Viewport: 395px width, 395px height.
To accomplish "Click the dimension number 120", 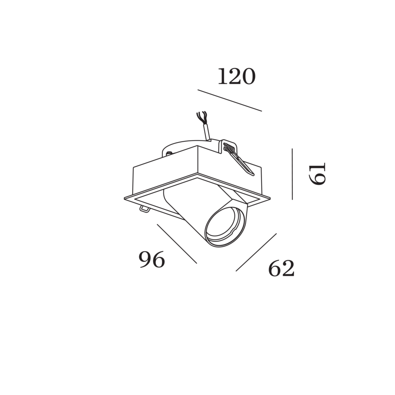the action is pos(237,76).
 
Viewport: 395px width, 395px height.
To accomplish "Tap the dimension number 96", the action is pos(152,259).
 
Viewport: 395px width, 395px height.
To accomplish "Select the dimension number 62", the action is pos(281,269).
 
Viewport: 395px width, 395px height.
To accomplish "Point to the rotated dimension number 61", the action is pos(317,174).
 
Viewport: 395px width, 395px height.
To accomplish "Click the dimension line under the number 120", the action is pos(230,100).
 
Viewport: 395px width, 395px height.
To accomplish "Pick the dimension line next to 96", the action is pos(177,244).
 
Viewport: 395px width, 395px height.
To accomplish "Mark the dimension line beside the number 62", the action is pos(256,252).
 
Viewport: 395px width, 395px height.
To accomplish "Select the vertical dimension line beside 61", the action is pos(292,174).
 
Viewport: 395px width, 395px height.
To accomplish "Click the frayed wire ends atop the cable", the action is pos(202,117).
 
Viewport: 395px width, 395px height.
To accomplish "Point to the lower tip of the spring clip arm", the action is pos(253,174).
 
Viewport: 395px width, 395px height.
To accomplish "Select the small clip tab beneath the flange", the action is pos(144,209).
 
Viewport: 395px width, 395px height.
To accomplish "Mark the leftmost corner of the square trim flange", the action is pos(125,199).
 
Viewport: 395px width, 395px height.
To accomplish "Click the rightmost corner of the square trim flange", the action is pos(270,198).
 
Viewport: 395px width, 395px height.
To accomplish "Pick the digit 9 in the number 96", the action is pos(145,259).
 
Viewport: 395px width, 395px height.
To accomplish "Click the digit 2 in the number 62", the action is pos(288,269).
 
